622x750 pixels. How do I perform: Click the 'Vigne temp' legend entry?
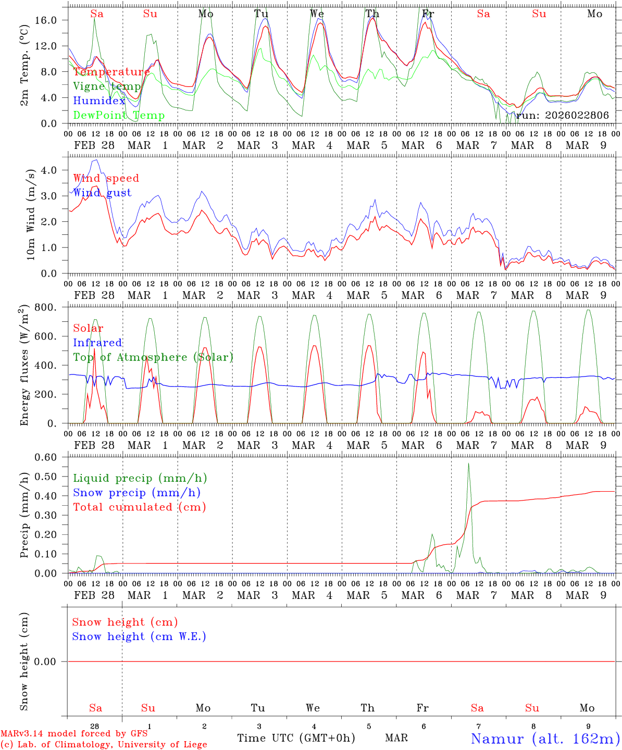106,86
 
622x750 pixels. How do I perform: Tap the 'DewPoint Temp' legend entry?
119,116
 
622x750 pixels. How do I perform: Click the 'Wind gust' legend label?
102,193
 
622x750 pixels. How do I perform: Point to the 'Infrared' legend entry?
97,343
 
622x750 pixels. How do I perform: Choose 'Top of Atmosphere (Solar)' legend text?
153,357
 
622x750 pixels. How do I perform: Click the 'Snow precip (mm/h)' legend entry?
136,493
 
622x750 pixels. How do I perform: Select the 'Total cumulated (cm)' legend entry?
139,507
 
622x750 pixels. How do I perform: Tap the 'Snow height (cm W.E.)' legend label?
139,636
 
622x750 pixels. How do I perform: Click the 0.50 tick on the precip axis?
53,477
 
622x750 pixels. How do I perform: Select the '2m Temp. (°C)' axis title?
24,65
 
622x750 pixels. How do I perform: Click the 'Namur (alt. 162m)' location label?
545,739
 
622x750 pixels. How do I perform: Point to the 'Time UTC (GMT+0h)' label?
296,738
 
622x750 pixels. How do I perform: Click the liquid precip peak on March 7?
468,464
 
